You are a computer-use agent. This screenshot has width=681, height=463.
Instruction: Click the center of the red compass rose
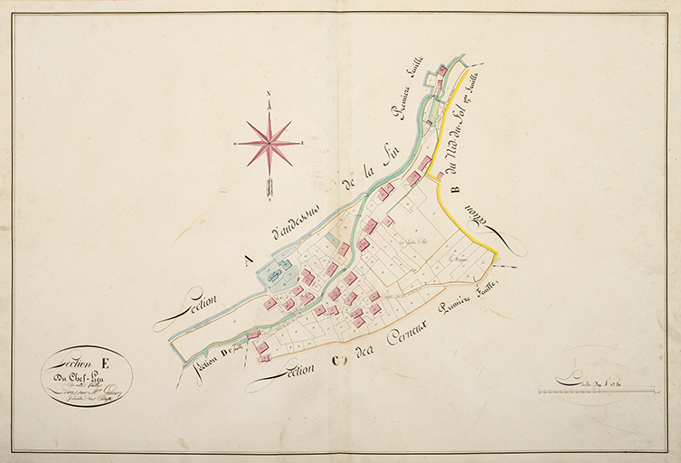pos(270,143)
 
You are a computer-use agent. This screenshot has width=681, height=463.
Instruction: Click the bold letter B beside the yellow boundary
pos(454,189)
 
